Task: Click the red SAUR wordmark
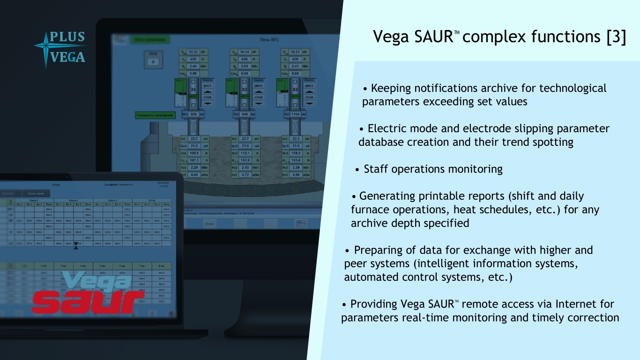(x=88, y=300)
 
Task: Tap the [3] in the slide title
(x=616, y=37)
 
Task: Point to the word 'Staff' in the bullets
(x=376, y=169)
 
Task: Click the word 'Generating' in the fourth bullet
(x=388, y=196)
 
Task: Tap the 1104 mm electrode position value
(x=296, y=114)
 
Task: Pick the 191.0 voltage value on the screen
(x=245, y=160)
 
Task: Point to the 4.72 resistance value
(x=245, y=175)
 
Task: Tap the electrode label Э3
(x=295, y=89)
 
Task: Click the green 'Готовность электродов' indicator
(x=156, y=115)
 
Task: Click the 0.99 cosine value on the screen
(x=295, y=74)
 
